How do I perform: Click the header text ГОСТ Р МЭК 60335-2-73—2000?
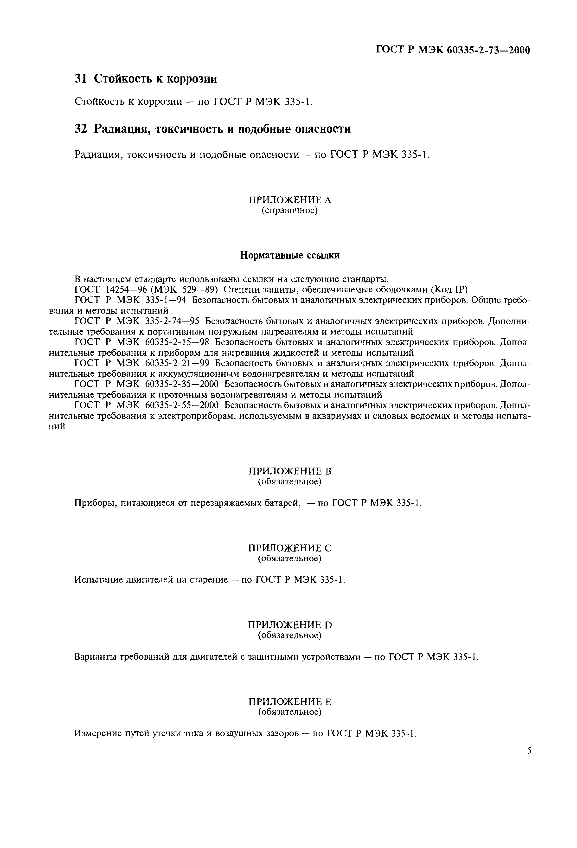(x=453, y=50)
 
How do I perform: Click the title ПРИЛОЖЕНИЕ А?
(x=290, y=200)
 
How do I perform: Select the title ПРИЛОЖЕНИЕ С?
(x=290, y=548)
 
